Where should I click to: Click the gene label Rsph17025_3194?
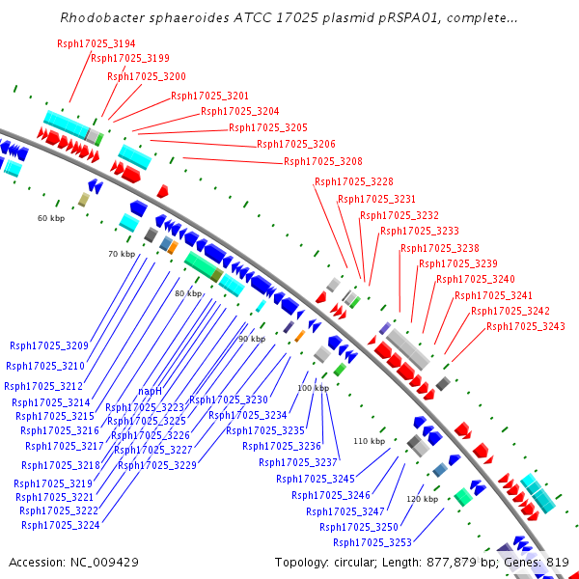(96, 44)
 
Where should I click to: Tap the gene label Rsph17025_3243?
(526, 326)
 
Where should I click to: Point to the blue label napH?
(150, 391)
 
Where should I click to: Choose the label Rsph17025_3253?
(372, 542)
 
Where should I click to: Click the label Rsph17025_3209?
(49, 345)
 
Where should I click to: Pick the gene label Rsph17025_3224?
(61, 526)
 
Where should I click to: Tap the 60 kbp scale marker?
(50, 218)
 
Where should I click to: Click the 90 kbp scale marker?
(251, 339)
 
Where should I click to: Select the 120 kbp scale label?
(422, 499)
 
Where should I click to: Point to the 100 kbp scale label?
(313, 388)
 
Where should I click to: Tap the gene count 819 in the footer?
(557, 562)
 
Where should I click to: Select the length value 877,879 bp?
(455, 562)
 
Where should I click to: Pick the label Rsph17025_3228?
(354, 181)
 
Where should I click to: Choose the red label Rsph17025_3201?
(210, 96)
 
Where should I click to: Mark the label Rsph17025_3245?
(316, 479)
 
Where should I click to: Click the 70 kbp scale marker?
(122, 254)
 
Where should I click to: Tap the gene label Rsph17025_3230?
(229, 400)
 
